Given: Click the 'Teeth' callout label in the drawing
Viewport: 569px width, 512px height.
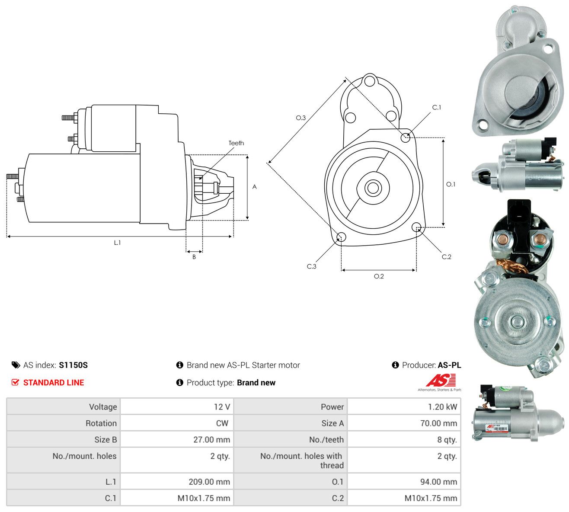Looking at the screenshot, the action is (x=236, y=143).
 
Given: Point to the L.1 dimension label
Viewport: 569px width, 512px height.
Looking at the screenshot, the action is (x=117, y=243).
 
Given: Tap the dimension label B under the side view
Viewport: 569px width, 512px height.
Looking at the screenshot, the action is (x=194, y=257).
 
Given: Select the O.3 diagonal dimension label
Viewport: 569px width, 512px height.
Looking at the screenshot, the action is (x=300, y=118).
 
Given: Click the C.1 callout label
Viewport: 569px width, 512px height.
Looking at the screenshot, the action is (x=437, y=108).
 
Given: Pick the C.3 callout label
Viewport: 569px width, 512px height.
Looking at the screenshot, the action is (x=311, y=266).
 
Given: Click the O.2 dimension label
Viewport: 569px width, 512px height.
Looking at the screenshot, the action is (x=379, y=276).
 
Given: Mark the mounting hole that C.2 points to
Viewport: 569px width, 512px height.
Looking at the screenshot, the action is (x=416, y=227).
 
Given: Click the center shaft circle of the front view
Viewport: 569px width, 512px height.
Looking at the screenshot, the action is (x=373, y=188).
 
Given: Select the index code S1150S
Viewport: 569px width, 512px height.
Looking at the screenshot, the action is (x=73, y=365).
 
